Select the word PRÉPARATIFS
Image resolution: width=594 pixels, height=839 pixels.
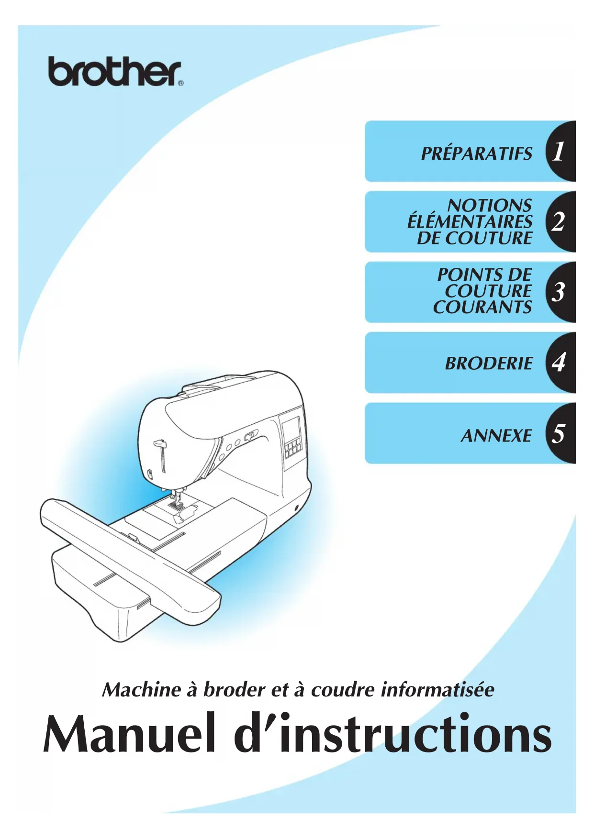click(x=476, y=154)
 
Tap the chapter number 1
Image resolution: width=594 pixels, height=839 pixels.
click(x=558, y=152)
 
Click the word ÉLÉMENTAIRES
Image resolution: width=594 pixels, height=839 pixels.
click(x=470, y=222)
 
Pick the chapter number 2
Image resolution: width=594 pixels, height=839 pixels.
click(x=558, y=222)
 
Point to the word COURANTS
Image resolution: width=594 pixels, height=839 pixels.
click(x=482, y=307)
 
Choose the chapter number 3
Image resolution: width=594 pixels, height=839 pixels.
click(x=558, y=292)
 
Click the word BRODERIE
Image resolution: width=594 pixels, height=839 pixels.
click(x=488, y=364)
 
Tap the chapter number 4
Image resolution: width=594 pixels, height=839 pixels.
click(x=558, y=362)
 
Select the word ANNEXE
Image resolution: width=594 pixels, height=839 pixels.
click(x=496, y=436)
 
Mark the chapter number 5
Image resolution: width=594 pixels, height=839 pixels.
click(x=558, y=433)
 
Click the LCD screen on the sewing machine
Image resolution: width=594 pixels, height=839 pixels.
click(x=291, y=427)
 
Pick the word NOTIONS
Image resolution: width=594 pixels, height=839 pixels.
click(x=489, y=206)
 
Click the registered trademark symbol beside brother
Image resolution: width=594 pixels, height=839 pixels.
click(x=180, y=83)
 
